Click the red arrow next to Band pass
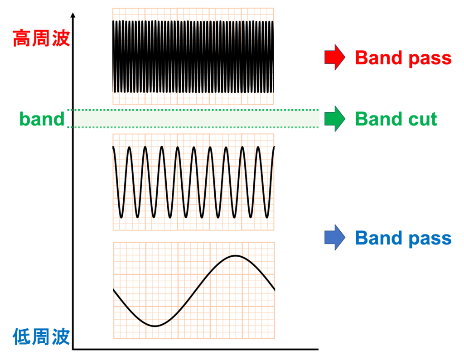pos(335,57)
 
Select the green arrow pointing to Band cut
pos(335,119)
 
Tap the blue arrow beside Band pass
pos(335,237)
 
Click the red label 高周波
pos(41,38)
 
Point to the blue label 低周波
pos(41,336)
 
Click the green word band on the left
pos(42,119)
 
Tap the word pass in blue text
pos(430,239)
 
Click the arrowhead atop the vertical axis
pos(73,15)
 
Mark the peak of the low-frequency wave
pos(236,255)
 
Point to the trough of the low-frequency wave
pos(155,326)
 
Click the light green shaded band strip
pos(193,119)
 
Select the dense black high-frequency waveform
pos(193,57)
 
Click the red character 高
pos(21,38)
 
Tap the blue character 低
pos(21,336)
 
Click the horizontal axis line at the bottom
pos(195,349)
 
